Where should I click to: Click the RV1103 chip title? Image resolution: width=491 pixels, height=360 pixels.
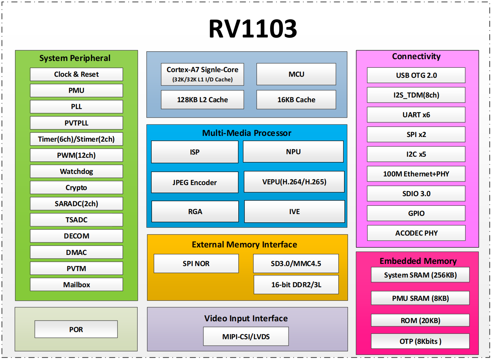pos(253,28)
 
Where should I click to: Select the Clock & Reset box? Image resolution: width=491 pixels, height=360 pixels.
pos(76,74)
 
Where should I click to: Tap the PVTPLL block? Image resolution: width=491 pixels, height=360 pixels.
pos(76,123)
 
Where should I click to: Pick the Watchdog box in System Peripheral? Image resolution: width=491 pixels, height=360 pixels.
pos(76,171)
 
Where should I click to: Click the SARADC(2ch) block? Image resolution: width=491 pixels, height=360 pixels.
pos(76,204)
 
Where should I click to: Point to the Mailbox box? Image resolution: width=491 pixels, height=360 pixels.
pos(76,285)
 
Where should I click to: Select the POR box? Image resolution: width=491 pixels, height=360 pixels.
pos(76,329)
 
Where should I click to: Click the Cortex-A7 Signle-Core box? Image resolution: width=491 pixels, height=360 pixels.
pos(202,74)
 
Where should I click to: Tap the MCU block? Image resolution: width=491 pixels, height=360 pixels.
pos(296,74)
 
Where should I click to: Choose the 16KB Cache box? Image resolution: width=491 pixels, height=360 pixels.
pos(296,100)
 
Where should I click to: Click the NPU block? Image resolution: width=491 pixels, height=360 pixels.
pos(293,152)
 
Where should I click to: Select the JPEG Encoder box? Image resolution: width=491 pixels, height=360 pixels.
pos(195,182)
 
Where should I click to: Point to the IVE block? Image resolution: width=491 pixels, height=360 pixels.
pos(294,211)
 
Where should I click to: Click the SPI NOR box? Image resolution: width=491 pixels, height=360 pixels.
pos(196,264)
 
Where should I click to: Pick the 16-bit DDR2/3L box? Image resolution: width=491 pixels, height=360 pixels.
pos(296,285)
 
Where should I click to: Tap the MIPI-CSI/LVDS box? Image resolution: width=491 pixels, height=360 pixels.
pos(246,336)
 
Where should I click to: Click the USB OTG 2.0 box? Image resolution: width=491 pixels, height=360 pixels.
pos(416,75)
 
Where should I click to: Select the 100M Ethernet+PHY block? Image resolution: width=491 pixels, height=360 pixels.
pos(416,174)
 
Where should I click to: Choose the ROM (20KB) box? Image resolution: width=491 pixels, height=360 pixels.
pos(420,320)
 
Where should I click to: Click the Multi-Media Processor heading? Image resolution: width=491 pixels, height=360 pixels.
pos(247,133)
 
